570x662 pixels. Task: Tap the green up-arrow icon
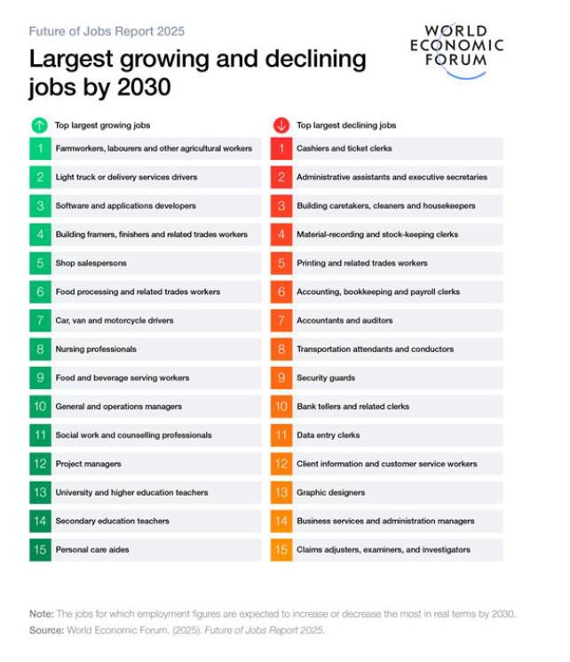tap(39, 125)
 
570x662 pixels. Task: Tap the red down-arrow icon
tap(281, 125)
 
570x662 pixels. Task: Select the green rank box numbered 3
tap(40, 206)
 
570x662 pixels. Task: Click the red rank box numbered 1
tap(281, 148)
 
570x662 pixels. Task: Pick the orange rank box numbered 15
tap(281, 550)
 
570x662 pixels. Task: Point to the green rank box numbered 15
tap(40, 550)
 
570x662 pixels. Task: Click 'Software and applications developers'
tap(125, 206)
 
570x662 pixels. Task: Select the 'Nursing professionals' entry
tap(96, 349)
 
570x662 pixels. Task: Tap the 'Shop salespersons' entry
tap(91, 263)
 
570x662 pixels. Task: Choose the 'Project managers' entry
tap(88, 464)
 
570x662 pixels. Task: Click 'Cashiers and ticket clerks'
tap(344, 148)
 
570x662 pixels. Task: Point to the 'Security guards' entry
tap(326, 378)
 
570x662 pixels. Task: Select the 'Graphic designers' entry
tap(330, 492)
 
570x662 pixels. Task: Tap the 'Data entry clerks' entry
tap(329, 435)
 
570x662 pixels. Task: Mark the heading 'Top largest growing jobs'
tap(103, 125)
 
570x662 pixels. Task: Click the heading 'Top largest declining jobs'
tap(346, 125)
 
